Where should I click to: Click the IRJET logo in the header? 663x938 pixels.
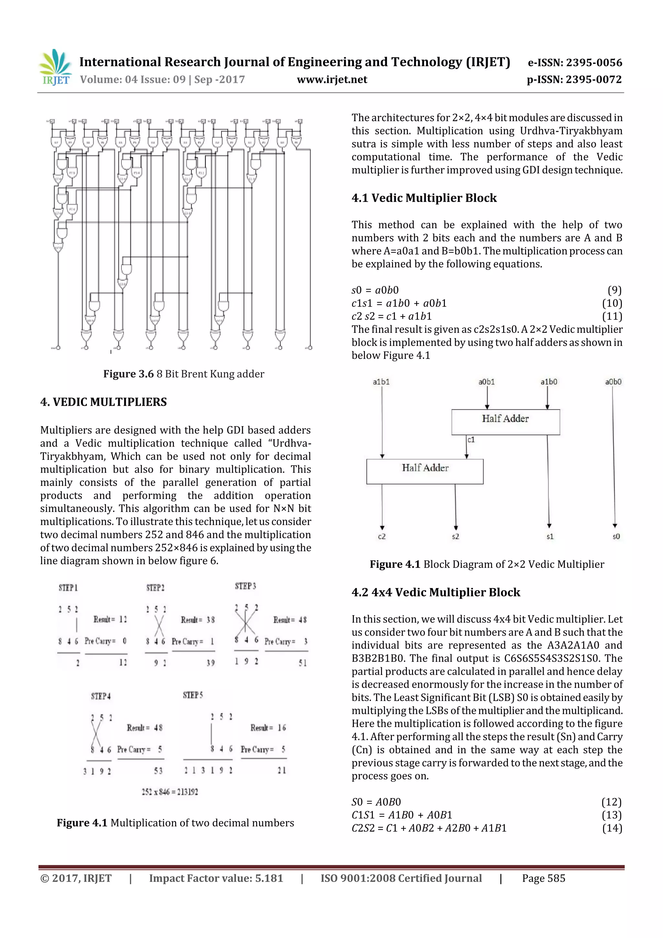pos(55,67)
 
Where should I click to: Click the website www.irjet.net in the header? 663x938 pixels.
pos(332,79)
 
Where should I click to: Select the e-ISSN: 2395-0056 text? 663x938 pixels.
pos(575,62)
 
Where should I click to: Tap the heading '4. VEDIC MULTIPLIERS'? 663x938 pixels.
pos(103,402)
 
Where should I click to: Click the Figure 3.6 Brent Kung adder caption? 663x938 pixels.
pos(184,374)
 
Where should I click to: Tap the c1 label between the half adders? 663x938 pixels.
pos(471,440)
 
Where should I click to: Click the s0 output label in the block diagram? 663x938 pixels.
pos(616,537)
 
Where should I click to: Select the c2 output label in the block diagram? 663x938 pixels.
pos(382,537)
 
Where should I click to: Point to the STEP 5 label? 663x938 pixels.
pos(193,695)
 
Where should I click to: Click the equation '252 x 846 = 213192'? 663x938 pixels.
pos(170,792)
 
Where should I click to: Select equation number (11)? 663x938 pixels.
pos(612,316)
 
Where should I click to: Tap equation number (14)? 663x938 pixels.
pos(612,828)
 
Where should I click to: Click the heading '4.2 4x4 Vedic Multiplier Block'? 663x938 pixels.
pos(435,593)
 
